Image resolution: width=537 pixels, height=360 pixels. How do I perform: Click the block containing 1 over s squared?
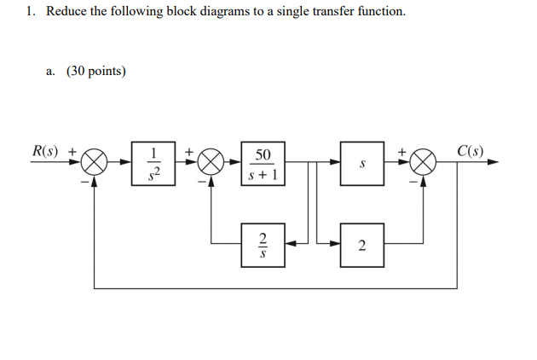coord(154,163)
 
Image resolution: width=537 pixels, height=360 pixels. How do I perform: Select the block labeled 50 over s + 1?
coord(263,163)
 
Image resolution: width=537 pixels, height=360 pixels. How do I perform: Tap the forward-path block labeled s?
coord(362,163)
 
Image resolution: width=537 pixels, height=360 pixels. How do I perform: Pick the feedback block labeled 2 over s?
coord(263,244)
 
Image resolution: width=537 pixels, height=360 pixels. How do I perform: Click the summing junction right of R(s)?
coord(95,161)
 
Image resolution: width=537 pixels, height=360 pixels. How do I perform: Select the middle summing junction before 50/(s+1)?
coord(211,161)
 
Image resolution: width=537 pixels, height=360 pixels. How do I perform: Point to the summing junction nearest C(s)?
coord(423,161)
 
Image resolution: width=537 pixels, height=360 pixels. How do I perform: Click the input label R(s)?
coord(44,151)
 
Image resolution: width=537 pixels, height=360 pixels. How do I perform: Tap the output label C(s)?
coord(470,151)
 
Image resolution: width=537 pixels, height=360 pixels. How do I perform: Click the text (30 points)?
coord(96,71)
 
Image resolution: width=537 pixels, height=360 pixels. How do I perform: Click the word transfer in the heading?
coord(335,13)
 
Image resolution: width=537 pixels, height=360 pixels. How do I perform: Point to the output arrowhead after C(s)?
coord(492,161)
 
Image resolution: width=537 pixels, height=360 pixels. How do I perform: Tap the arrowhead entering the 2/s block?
coord(290,244)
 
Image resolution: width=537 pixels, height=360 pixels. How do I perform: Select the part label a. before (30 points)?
coord(51,71)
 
